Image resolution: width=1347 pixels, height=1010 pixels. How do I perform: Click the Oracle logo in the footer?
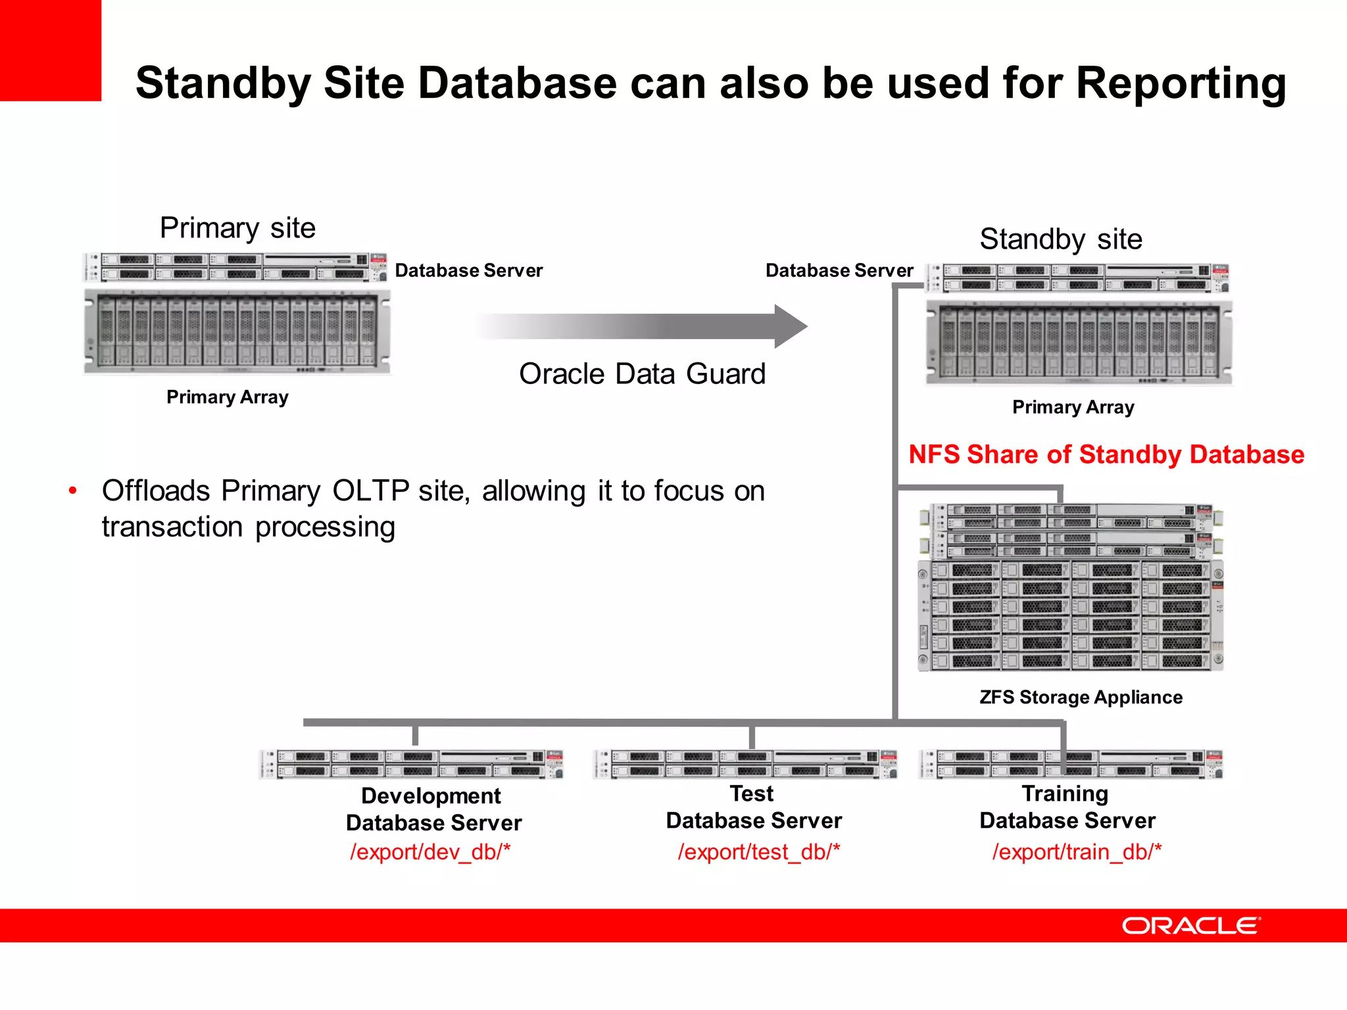coord(1190,926)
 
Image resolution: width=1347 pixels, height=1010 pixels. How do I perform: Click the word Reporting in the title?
coord(1181,84)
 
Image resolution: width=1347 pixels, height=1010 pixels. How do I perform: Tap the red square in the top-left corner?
coord(50,50)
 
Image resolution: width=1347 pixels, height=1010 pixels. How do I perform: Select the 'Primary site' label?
coord(237,228)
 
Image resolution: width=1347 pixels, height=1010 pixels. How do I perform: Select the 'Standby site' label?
coord(1060,239)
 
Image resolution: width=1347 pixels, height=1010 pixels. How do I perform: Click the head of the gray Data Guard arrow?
coord(791,326)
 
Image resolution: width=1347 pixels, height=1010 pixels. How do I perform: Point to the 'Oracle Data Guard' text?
coord(642,373)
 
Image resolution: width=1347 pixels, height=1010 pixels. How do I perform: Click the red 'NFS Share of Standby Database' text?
coord(1106,454)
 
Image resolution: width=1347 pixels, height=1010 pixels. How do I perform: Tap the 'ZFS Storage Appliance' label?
coord(1081,697)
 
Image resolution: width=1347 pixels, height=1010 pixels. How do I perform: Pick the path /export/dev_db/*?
coord(430,852)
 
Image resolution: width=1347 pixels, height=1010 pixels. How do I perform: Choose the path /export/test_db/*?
coord(758,852)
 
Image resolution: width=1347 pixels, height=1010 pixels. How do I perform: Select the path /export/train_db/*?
coord(1077,852)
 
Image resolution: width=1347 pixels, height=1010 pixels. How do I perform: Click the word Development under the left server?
coord(431,796)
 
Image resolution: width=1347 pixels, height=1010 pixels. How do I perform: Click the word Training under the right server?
coord(1065,794)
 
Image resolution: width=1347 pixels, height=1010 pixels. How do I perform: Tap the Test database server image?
coord(745,764)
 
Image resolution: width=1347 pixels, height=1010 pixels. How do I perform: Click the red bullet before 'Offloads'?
coord(73,491)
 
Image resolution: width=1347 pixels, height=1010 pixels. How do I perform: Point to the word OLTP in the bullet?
coord(370,491)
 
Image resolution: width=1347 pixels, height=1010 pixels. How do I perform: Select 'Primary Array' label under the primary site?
coord(227,397)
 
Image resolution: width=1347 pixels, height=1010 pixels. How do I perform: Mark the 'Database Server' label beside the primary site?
coord(468,270)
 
